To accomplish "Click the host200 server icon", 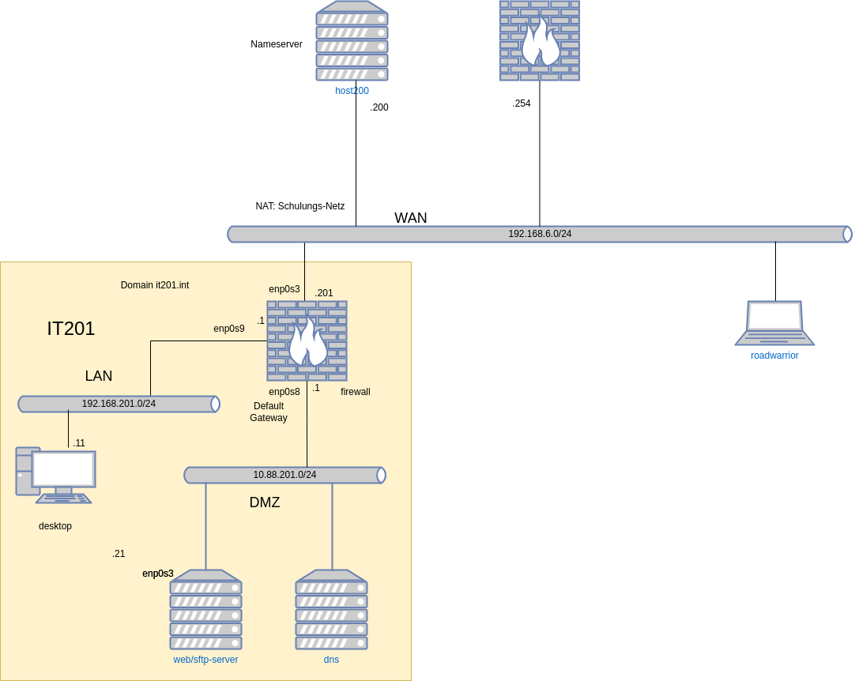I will pos(352,41).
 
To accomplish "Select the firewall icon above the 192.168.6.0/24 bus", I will pos(540,40).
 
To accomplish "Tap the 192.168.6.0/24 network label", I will pos(540,234).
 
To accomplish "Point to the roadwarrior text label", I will pos(774,356).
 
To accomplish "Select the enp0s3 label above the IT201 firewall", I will pos(284,289).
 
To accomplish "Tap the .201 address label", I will pos(324,293).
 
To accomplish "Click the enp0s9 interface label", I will pos(229,329).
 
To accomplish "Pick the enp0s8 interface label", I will pos(284,392).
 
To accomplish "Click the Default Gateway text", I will pos(269,412).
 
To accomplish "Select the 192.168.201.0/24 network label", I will pos(119,404).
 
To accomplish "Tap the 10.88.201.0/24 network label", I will pos(284,475).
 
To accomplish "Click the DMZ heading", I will pos(265,502).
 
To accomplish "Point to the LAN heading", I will pos(99,376).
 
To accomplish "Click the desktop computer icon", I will pos(56,475).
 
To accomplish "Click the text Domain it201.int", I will pos(155,285).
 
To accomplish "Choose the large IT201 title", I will pos(71,329).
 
